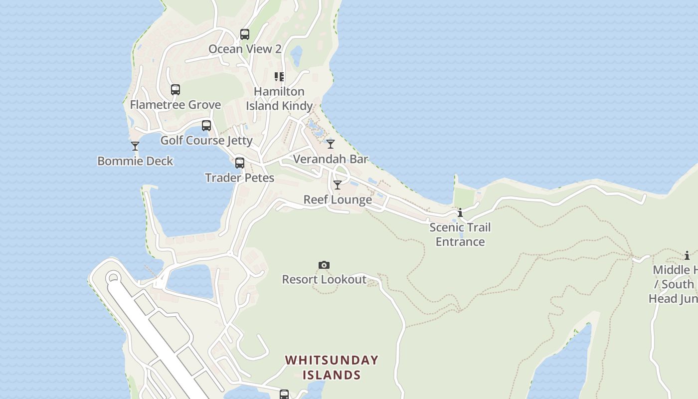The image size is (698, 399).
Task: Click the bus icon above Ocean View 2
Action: tap(244, 34)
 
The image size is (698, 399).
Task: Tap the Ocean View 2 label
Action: tap(245, 49)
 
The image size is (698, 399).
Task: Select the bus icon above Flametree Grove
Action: tap(175, 90)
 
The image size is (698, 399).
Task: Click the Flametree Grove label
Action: tap(175, 105)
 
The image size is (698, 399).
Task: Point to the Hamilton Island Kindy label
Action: tap(279, 99)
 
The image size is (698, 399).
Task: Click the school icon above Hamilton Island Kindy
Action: tap(279, 77)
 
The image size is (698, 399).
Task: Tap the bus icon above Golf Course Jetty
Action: tap(206, 126)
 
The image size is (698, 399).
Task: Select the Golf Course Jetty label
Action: tap(206, 141)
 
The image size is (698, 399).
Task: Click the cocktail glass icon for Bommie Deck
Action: tap(135, 146)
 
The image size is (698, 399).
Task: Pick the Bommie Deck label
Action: tap(135, 161)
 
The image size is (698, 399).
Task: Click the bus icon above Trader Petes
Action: tap(240, 163)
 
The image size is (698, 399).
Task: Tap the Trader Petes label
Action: tap(240, 178)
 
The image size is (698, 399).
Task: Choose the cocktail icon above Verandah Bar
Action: tap(331, 144)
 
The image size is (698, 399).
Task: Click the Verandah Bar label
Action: tap(331, 159)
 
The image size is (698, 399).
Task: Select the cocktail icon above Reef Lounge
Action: tap(338, 185)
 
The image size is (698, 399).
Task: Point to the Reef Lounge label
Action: tap(338, 200)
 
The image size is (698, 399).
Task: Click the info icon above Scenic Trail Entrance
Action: tap(460, 213)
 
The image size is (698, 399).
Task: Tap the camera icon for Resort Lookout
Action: tap(324, 265)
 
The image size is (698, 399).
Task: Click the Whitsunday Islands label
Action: tap(332, 368)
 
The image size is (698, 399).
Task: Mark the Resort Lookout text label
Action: tap(324, 280)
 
